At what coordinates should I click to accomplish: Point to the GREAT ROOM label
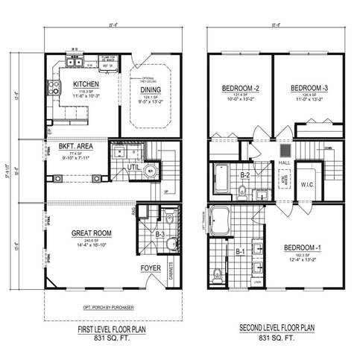coord(92,233)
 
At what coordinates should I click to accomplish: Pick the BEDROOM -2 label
coord(239,88)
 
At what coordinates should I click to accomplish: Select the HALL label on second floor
coord(284,160)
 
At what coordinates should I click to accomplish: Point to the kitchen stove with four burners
coord(54,89)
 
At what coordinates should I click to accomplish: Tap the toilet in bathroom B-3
coord(170,218)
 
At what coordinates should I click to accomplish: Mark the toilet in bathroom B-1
coord(217,272)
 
